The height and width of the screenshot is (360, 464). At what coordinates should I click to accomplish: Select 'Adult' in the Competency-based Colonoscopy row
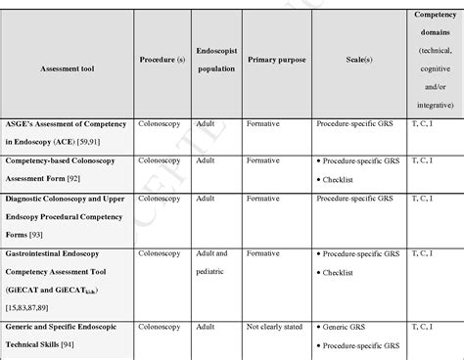206,160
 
